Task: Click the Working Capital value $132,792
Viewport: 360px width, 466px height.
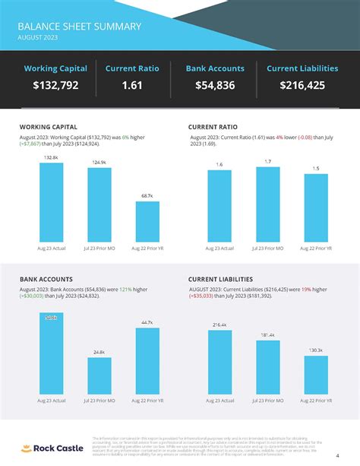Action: tap(55, 85)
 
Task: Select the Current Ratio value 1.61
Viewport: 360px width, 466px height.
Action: tap(131, 85)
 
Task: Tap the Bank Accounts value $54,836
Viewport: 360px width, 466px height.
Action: tap(214, 85)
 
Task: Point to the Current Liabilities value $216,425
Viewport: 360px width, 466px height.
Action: tap(302, 85)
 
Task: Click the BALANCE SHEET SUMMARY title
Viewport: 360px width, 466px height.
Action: tap(80, 26)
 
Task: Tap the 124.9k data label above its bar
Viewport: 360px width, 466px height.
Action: tap(99, 162)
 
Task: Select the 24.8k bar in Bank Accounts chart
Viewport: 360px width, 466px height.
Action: tap(99, 376)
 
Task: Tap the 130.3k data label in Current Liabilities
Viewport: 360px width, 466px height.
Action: tap(316, 350)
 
